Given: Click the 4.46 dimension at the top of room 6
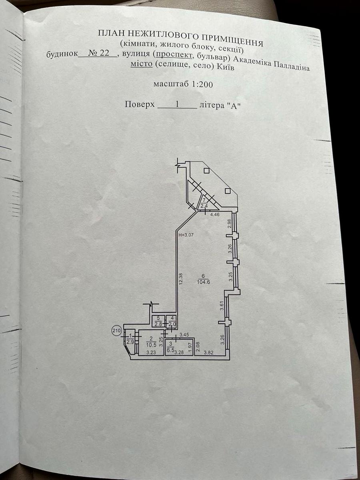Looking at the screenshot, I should pyautogui.click(x=215, y=214).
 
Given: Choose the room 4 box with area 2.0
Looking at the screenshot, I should pyautogui.click(x=171, y=321).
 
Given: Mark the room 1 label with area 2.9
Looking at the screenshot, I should pyautogui.click(x=130, y=339).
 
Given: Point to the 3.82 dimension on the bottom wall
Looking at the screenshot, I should pyautogui.click(x=208, y=352).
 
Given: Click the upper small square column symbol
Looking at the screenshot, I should pyautogui.click(x=206, y=171).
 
